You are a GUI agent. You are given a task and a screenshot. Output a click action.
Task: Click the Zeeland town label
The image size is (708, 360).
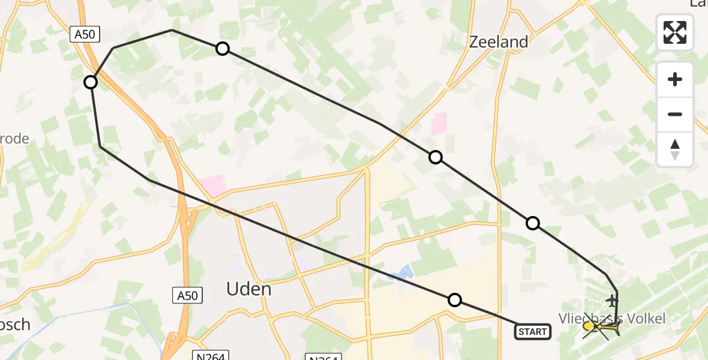(x=499, y=42)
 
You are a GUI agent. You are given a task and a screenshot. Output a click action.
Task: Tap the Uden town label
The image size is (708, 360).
(x=248, y=289)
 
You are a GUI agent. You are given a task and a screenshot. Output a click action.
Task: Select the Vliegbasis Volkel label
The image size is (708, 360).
(x=612, y=318)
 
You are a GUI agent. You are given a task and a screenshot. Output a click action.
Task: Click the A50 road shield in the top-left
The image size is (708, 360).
(x=84, y=35)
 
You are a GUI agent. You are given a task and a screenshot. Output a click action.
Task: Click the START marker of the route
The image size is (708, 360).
(x=533, y=331)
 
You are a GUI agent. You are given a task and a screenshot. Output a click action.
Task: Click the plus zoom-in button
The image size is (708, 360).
(x=675, y=80)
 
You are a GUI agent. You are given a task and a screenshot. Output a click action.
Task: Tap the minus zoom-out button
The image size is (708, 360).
(x=675, y=114)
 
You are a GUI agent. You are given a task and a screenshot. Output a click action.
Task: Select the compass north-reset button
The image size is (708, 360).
(x=675, y=149)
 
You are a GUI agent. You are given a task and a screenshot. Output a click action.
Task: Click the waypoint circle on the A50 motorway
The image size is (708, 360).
(x=91, y=82)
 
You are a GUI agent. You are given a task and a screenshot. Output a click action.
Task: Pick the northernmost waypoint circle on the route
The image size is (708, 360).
(x=223, y=49)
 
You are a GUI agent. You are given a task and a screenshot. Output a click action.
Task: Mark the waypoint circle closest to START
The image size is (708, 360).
(x=455, y=300)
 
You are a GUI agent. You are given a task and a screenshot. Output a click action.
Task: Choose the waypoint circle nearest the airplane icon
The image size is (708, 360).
(x=533, y=223)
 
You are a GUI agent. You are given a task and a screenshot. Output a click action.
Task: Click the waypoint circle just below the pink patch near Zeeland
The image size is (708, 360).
(x=436, y=157)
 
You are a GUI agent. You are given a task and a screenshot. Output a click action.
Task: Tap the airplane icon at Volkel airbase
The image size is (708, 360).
(x=612, y=299)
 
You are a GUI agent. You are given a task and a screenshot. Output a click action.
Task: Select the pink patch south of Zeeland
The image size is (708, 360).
(x=439, y=125)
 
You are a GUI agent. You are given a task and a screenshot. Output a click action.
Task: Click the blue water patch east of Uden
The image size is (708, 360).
(x=399, y=273)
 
